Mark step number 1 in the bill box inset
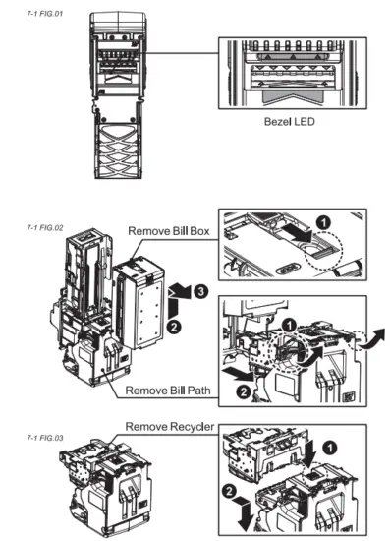pos(325,218)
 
